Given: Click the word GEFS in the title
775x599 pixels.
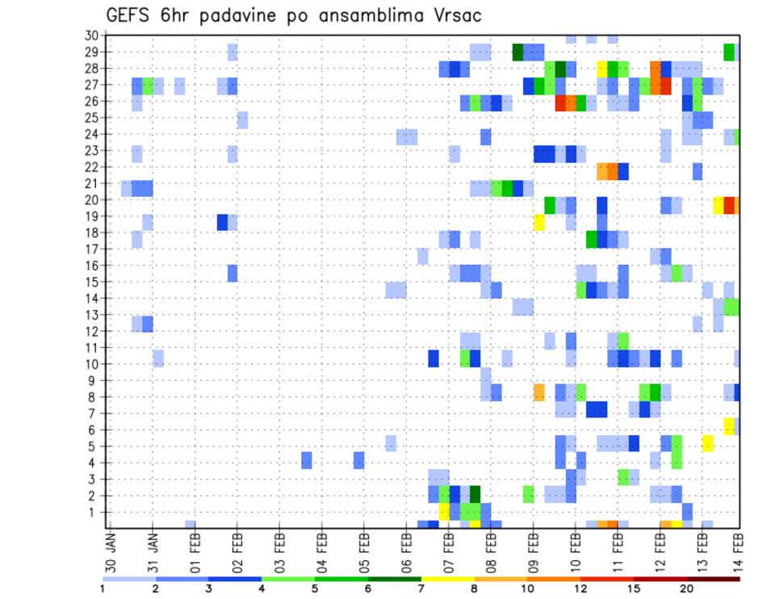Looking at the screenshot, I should click(130, 15).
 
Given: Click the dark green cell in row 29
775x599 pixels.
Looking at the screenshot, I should click(517, 52).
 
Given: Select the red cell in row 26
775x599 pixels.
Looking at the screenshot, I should click(560, 103).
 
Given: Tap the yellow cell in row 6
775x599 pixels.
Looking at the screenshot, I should click(729, 425).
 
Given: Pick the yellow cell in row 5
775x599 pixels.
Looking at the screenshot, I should click(707, 442).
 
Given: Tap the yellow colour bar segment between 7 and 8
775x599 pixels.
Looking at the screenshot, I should click(448, 579).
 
